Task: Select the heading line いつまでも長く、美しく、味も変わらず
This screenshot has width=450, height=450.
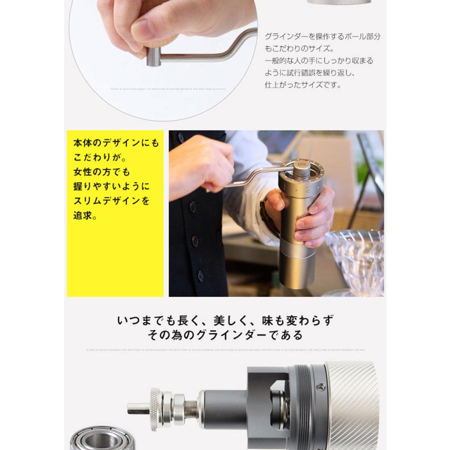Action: coord(225,320)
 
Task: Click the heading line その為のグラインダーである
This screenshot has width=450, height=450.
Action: coord(225,335)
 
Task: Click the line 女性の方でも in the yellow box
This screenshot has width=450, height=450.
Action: coord(101,172)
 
